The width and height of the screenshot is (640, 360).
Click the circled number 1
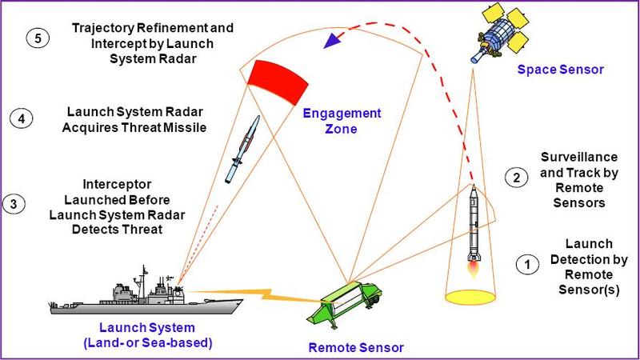tap(526, 263)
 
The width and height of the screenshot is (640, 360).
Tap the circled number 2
tap(517, 178)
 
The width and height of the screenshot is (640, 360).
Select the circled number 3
tap(14, 203)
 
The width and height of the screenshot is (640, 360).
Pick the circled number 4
tap(22, 118)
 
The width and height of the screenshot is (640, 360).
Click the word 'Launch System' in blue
tap(134, 329)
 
